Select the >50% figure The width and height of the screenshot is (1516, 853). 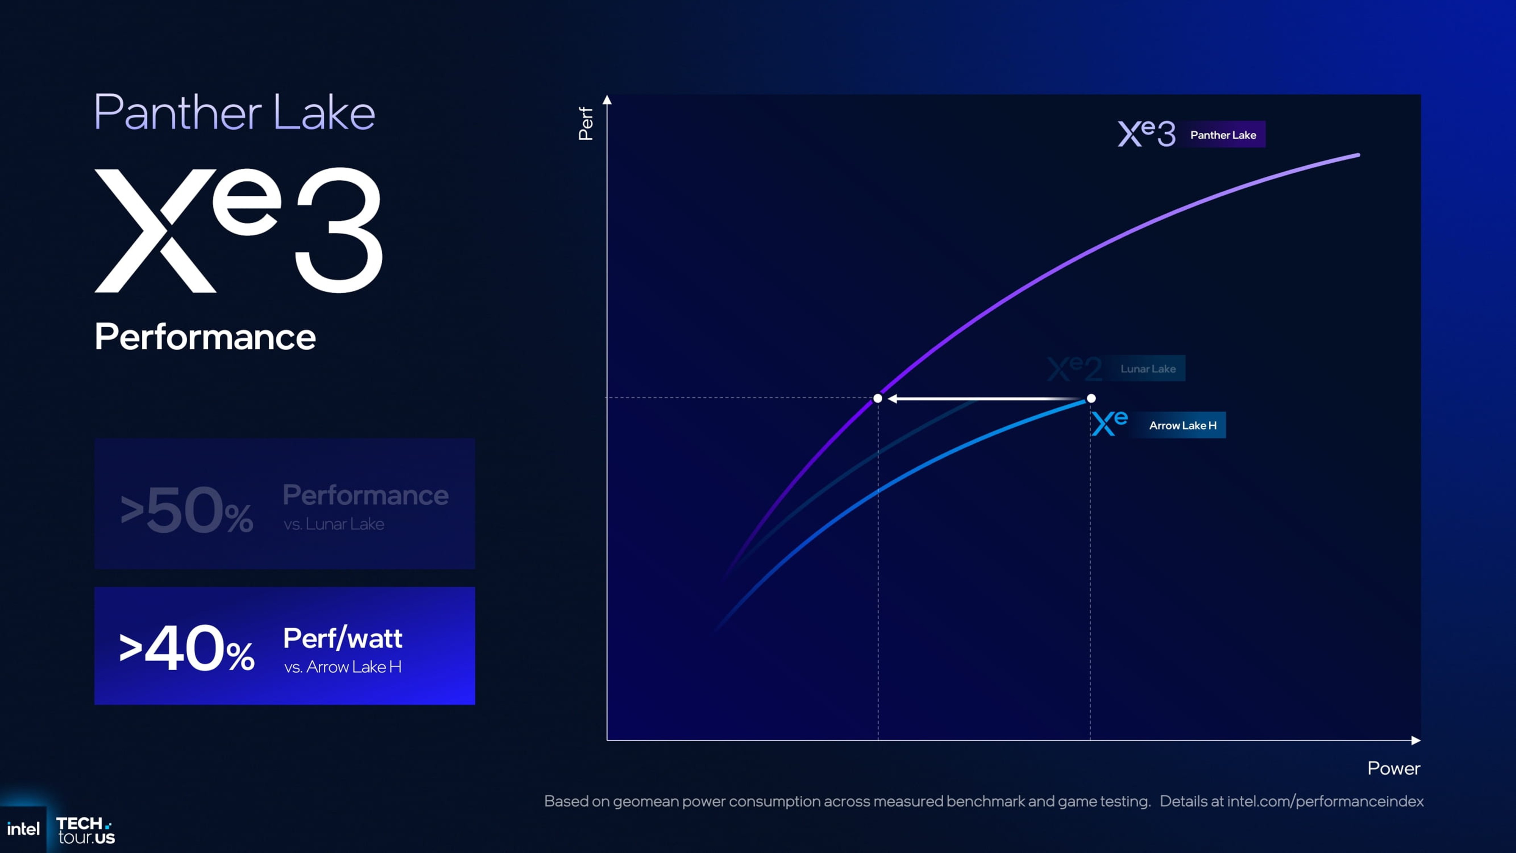pos(186,510)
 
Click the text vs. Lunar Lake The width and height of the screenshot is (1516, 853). pos(334,524)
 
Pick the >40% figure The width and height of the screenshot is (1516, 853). pos(186,648)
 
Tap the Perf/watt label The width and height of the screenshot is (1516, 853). pos(343,638)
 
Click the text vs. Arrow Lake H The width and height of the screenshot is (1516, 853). pos(343,667)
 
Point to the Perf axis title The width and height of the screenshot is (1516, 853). pos(586,123)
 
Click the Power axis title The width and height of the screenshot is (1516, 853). pos(1393,768)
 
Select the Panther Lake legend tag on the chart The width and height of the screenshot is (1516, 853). pos(1223,135)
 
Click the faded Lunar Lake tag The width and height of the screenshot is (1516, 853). pos(1148,368)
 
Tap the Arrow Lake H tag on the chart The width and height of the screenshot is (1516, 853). pos(1182,425)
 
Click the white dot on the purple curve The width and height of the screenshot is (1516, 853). pos(877,398)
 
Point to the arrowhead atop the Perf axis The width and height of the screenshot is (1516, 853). pos(607,100)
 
